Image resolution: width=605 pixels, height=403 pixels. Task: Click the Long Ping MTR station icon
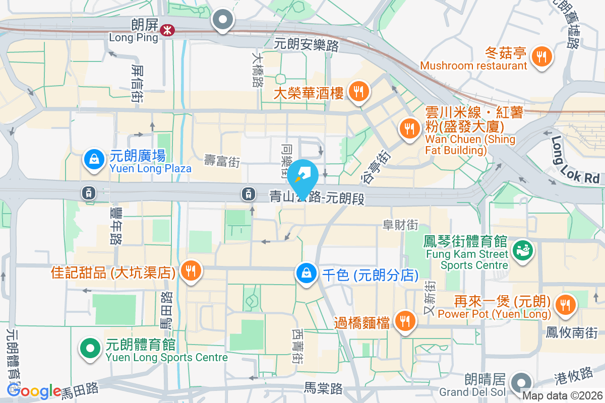pos(165,31)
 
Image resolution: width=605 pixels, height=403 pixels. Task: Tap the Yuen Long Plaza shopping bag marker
pos(94,159)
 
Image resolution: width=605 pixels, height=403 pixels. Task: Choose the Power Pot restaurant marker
pos(565,304)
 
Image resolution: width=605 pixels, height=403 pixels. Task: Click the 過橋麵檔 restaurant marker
pos(404,320)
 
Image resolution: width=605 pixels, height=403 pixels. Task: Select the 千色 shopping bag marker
pos(306,273)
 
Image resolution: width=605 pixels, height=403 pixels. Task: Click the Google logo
pos(34,391)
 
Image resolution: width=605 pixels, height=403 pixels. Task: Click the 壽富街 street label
pos(222,161)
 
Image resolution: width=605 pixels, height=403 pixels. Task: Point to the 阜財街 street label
pos(401,225)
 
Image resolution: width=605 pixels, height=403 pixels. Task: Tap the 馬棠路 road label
pos(323,388)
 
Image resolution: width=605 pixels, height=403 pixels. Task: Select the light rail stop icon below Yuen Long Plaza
pos(89,192)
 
